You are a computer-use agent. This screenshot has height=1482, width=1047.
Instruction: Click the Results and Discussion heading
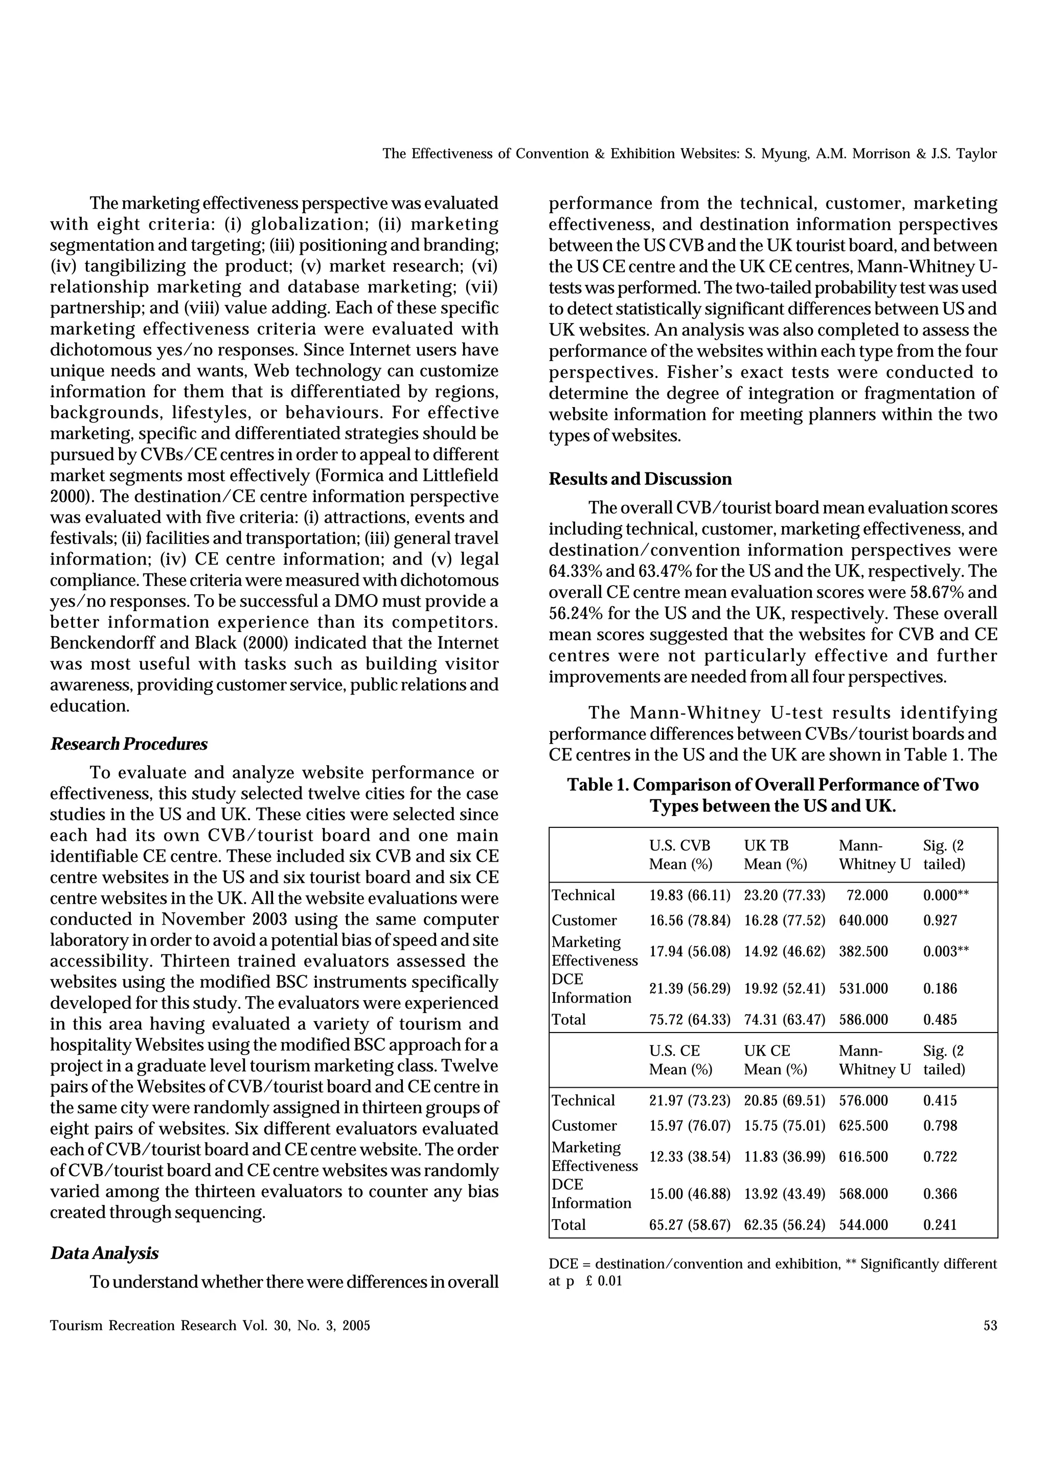[x=640, y=479]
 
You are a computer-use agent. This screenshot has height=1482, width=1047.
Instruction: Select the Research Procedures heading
[x=129, y=744]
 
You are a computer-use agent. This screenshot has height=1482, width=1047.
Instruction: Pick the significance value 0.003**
[x=946, y=951]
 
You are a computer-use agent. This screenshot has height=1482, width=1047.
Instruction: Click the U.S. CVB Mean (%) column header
[x=680, y=855]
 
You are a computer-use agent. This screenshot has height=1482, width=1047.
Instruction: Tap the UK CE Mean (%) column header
[x=775, y=1060]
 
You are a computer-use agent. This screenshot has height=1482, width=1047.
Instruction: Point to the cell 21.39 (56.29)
[x=690, y=989]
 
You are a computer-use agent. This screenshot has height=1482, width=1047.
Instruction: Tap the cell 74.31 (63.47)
[x=784, y=1020]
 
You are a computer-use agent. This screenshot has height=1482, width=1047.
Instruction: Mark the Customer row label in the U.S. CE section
[x=584, y=1126]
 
